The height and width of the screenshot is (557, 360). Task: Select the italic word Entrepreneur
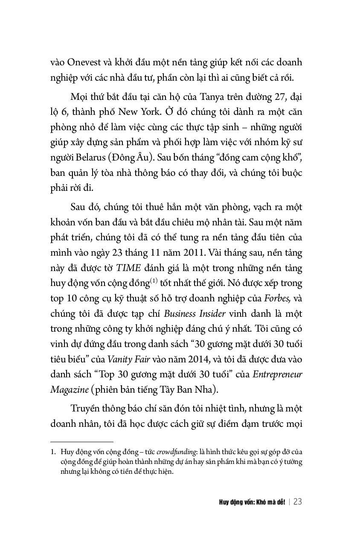[x=277, y=374]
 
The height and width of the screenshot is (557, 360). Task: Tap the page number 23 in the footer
[x=297, y=502]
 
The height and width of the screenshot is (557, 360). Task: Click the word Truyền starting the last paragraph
[x=85, y=408]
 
